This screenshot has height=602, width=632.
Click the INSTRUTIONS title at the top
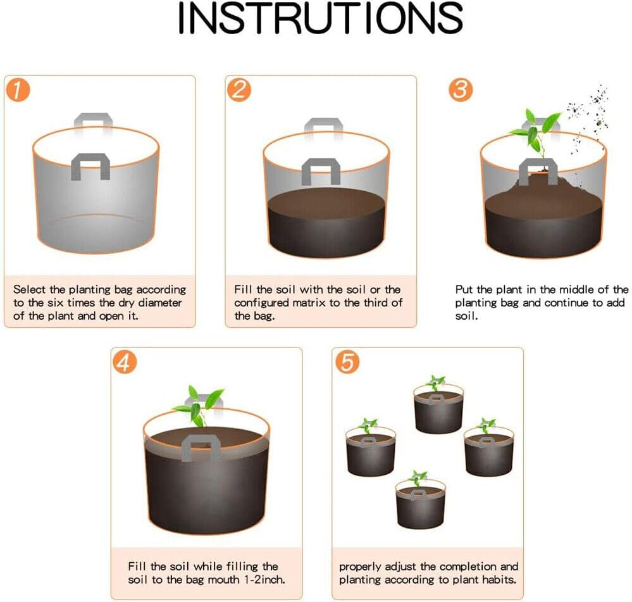[x=320, y=18]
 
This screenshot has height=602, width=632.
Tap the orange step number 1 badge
[x=18, y=90]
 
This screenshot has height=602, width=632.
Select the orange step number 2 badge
[x=239, y=90]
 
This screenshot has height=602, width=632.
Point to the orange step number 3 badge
[x=461, y=90]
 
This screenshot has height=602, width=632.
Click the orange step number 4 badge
[x=124, y=362]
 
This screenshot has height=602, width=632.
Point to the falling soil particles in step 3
[x=588, y=114]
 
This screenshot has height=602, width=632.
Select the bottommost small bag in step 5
[x=420, y=503]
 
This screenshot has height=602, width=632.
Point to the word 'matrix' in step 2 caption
[x=312, y=303]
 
